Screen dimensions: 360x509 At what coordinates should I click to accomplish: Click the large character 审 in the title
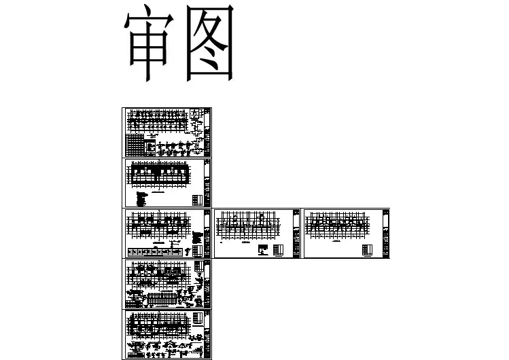(150, 46)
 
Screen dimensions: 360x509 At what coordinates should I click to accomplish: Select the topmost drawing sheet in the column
(167, 132)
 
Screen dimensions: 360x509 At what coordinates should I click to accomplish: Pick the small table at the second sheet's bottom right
(197, 200)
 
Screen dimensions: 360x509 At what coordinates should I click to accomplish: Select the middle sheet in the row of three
(258, 234)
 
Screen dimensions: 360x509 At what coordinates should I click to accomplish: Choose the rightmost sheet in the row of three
(346, 234)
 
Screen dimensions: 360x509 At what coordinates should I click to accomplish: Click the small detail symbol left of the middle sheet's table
(263, 250)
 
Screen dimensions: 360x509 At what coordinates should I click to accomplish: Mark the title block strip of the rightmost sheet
(385, 234)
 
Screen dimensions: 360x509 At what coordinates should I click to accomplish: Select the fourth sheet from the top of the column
(167, 283)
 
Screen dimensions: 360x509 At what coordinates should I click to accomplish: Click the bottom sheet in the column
(167, 334)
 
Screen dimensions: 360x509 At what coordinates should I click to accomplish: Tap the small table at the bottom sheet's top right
(196, 318)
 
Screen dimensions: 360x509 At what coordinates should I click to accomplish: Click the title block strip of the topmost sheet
(207, 132)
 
